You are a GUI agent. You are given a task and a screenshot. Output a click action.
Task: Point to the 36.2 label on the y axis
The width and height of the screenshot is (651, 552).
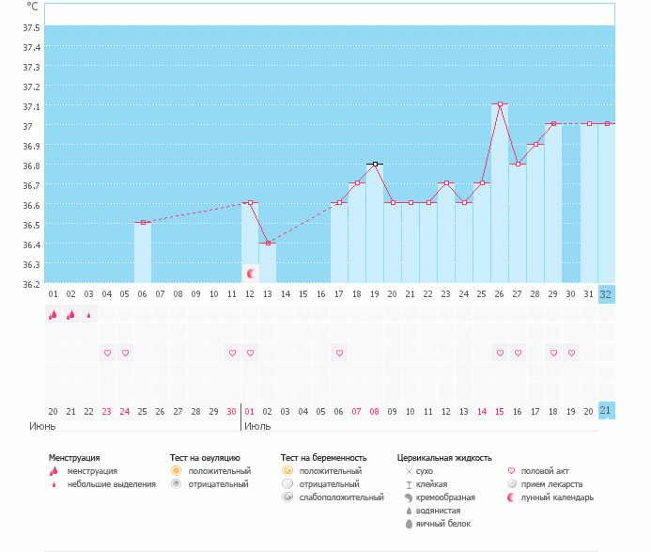[31, 283]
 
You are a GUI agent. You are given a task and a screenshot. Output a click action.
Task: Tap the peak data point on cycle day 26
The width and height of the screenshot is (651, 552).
[500, 103]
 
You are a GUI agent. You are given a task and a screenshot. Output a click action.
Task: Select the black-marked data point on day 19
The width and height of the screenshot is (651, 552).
[375, 164]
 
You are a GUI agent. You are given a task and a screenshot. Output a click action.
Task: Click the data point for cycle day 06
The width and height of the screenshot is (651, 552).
[143, 222]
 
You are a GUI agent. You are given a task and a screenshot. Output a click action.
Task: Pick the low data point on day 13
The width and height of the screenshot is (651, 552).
[268, 243]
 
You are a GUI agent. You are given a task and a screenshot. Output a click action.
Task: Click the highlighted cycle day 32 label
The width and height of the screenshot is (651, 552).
[606, 294]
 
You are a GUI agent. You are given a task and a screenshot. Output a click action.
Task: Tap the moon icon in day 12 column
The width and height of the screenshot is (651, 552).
[251, 274]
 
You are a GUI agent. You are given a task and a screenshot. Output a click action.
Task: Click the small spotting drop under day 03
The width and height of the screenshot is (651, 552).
[88, 316]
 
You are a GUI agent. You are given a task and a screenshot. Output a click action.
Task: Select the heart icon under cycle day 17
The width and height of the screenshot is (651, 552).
[339, 353]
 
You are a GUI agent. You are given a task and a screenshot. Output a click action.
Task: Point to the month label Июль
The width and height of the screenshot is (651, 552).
[257, 426]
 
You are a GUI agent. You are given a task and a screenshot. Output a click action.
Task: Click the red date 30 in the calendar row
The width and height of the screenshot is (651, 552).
[232, 411]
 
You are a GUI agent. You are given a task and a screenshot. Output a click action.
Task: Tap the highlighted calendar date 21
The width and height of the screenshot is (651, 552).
[606, 411]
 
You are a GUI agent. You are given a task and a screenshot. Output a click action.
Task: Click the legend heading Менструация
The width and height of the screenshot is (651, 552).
[74, 458]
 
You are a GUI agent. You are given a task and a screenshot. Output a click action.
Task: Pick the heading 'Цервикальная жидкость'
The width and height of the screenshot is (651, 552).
[444, 458]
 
